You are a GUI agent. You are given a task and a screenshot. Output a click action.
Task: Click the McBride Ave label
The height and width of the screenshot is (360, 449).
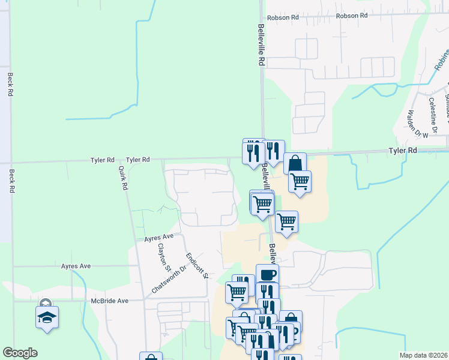coord(110,301)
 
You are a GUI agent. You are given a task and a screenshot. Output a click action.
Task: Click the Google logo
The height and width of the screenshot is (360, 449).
coord(20,353)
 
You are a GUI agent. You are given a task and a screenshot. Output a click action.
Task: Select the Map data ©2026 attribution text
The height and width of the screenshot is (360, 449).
coord(424,355)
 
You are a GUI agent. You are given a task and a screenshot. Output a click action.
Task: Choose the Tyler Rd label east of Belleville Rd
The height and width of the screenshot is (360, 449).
coord(402,151)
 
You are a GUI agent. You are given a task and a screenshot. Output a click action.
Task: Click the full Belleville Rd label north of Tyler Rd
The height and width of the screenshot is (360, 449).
coord(261,45)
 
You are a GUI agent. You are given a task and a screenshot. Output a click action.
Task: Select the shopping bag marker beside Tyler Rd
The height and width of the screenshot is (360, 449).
coord(295,163)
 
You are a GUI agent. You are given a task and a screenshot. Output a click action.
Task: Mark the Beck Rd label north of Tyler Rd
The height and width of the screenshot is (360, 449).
coord(10,85)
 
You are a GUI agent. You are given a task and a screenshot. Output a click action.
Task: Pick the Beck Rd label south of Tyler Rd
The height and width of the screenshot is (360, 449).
coord(11,180)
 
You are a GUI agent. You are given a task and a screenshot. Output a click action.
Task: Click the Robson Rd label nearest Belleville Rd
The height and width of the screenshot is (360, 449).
coord(283,18)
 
